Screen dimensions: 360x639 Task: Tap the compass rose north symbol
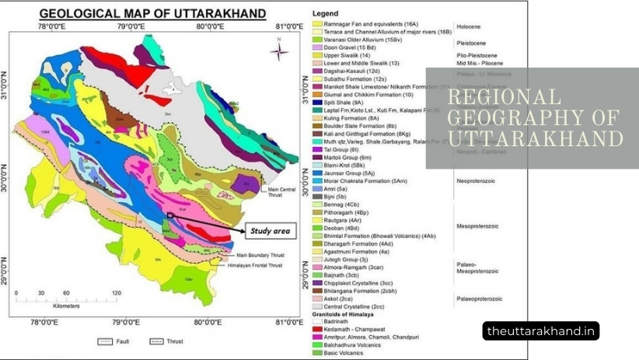pyautogui.click(x=278, y=51)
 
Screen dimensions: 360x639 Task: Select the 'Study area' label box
pyautogui.click(x=269, y=231)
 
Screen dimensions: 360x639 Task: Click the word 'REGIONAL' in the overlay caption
pyautogui.click(x=505, y=97)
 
